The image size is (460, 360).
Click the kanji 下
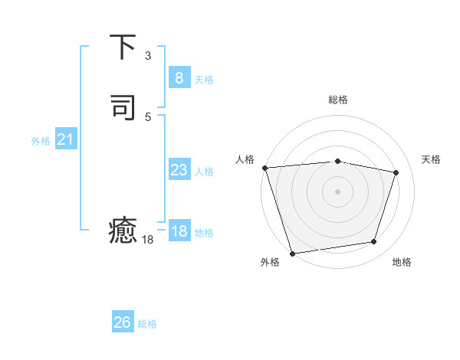pyautogui.click(x=123, y=47)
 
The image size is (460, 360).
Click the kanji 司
pyautogui.click(x=123, y=108)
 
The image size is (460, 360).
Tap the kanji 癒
pyautogui.click(x=123, y=231)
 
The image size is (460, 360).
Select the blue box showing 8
pyautogui.click(x=179, y=77)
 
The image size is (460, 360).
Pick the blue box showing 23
pyautogui.click(x=179, y=170)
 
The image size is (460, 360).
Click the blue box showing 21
pyautogui.click(x=65, y=139)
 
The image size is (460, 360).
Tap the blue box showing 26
pyautogui.click(x=123, y=322)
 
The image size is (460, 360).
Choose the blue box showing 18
pyautogui.click(x=179, y=231)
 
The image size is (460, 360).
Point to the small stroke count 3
pyautogui.click(x=148, y=56)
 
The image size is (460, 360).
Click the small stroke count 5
pyautogui.click(x=148, y=117)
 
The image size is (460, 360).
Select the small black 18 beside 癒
pyautogui.click(x=148, y=240)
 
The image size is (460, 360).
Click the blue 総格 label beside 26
pyautogui.click(x=147, y=324)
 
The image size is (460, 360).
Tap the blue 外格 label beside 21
pyautogui.click(x=41, y=141)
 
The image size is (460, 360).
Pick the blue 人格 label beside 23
pyautogui.click(x=205, y=172)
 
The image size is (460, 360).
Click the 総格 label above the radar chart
pyautogui.click(x=337, y=100)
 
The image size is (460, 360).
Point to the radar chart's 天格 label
pyautogui.click(x=431, y=159)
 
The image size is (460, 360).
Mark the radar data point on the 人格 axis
pyautogui.click(x=264, y=168)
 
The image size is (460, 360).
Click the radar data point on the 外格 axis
pyautogui.click(x=292, y=253)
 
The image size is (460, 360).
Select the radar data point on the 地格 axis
pyautogui.click(x=374, y=242)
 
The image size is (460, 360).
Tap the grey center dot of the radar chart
pyautogui.click(x=337, y=191)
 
